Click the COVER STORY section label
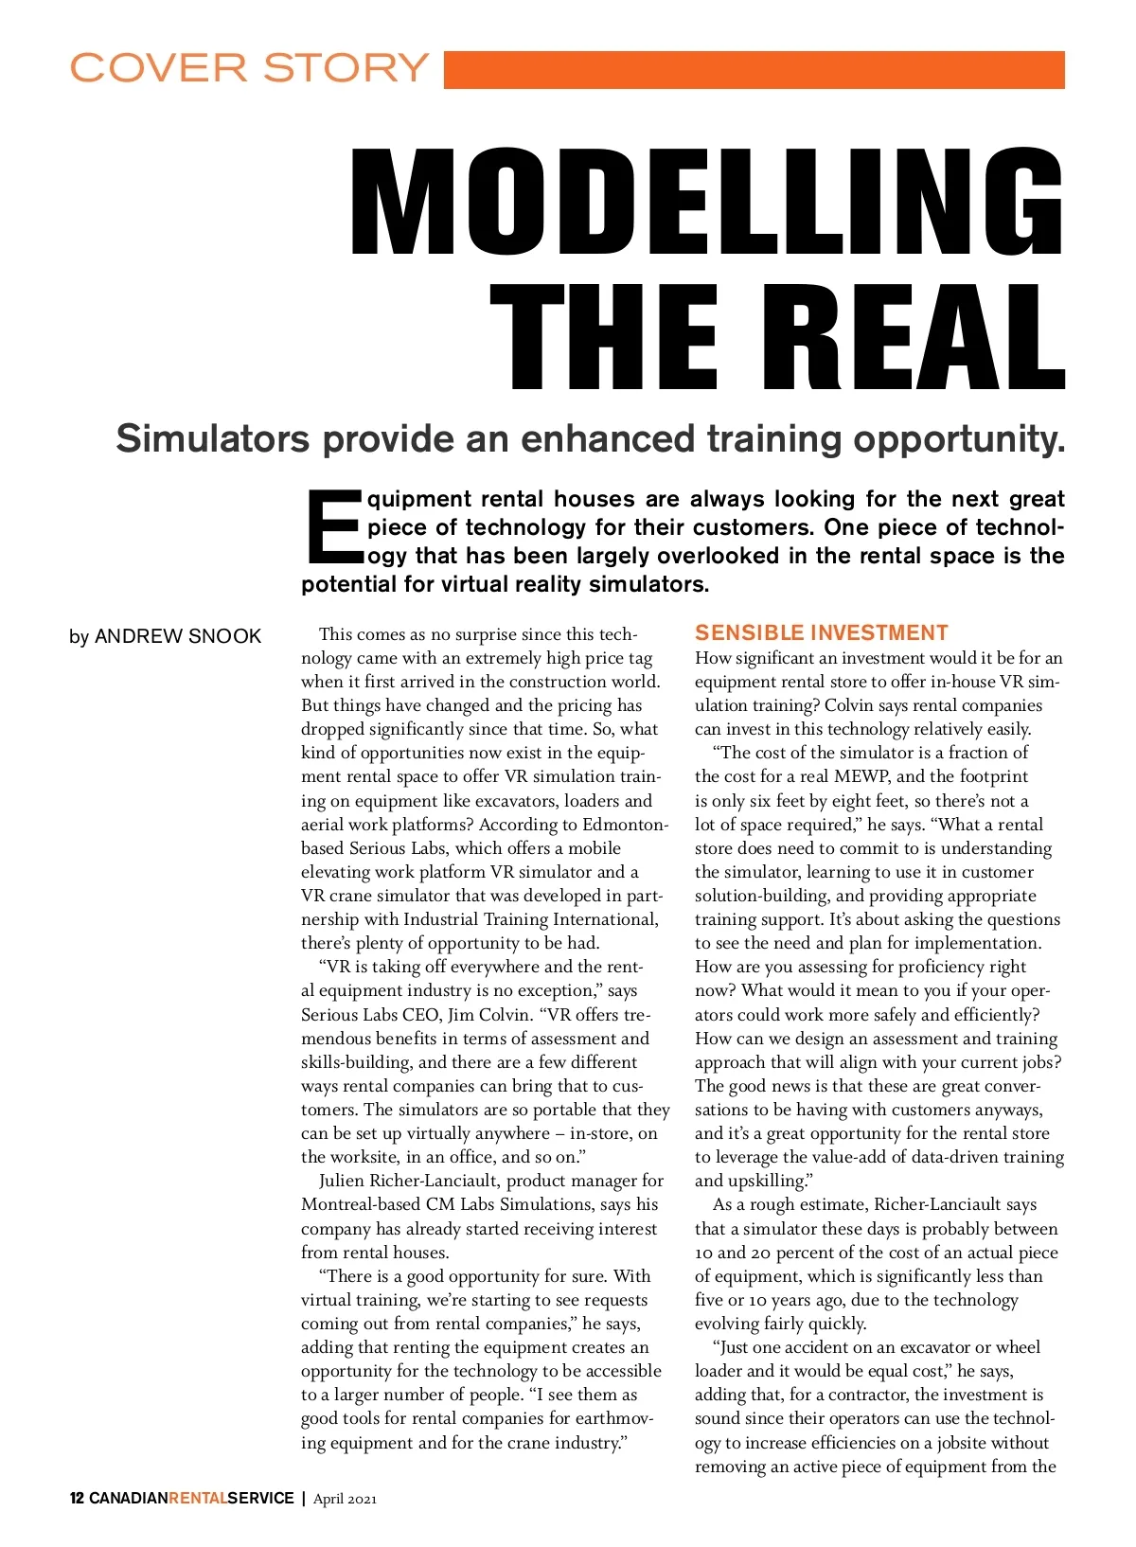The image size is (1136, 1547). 249,68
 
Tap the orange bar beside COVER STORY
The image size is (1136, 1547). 754,70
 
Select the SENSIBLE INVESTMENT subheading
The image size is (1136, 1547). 821,632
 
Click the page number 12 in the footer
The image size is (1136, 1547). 77,1498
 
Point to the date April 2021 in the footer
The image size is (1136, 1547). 345,1498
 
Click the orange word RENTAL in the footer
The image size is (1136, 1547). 197,1498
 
